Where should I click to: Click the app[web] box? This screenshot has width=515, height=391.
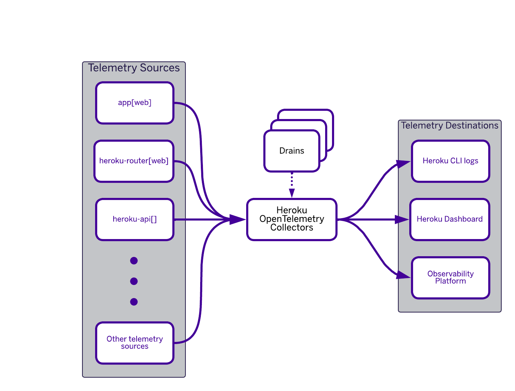pyautogui.click(x=135, y=103)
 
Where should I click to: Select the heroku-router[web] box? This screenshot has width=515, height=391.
pyautogui.click(x=134, y=161)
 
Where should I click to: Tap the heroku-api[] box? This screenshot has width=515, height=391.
pyautogui.click(x=135, y=219)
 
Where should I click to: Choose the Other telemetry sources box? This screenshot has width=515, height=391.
pyautogui.click(x=135, y=343)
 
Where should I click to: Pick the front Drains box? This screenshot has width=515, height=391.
pyautogui.click(x=291, y=151)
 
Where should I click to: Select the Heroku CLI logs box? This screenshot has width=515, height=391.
pyautogui.click(x=450, y=161)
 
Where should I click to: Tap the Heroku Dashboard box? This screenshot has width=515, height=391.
pyautogui.click(x=449, y=219)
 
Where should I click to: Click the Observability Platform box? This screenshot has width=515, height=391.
pyautogui.click(x=450, y=277)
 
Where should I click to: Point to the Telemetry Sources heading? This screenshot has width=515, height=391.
pyautogui.click(x=134, y=68)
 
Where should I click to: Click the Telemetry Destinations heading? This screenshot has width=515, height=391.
pyautogui.click(x=449, y=126)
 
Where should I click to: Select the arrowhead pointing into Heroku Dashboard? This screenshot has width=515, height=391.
pyautogui.click(x=401, y=220)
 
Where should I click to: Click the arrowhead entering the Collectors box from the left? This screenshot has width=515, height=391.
pyautogui.click(x=237, y=220)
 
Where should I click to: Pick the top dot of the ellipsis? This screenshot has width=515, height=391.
pyautogui.click(x=134, y=261)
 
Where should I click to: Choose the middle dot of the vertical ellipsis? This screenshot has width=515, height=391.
pyautogui.click(x=134, y=281)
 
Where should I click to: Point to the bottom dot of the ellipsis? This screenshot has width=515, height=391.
pyautogui.click(x=134, y=302)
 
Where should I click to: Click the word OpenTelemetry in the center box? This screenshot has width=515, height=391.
pyautogui.click(x=291, y=219)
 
